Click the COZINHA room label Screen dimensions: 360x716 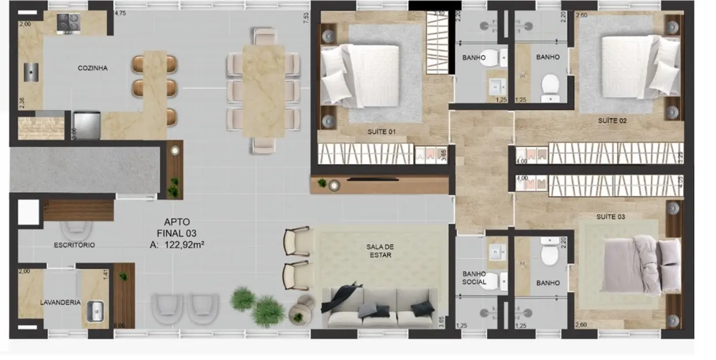(x=93, y=68)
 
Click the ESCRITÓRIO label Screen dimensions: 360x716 (x=74, y=245)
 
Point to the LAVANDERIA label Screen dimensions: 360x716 (x=60, y=302)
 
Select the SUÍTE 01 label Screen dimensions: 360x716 (x=381, y=132)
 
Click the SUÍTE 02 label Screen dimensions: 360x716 (x=612, y=120)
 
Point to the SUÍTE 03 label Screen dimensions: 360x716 (x=611, y=217)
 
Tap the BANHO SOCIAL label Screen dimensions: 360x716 (x=474, y=278)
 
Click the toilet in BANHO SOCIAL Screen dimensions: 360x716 (x=500, y=281)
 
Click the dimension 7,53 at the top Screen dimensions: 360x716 (x=303, y=16)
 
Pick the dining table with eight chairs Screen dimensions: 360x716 (x=263, y=90)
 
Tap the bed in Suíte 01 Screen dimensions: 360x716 (x=369, y=75)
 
